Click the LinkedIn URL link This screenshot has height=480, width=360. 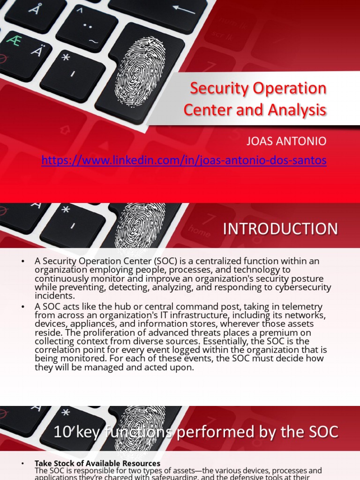(x=184, y=161)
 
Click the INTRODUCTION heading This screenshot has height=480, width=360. (x=280, y=229)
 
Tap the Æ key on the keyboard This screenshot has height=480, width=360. (x=14, y=41)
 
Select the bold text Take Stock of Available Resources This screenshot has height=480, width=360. (x=97, y=464)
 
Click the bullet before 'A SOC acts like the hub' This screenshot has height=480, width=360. (x=23, y=307)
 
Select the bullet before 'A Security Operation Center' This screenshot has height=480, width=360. (x=23, y=261)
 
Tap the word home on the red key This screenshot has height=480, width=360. (x=200, y=231)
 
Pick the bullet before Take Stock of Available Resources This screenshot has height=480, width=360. (x=23, y=464)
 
